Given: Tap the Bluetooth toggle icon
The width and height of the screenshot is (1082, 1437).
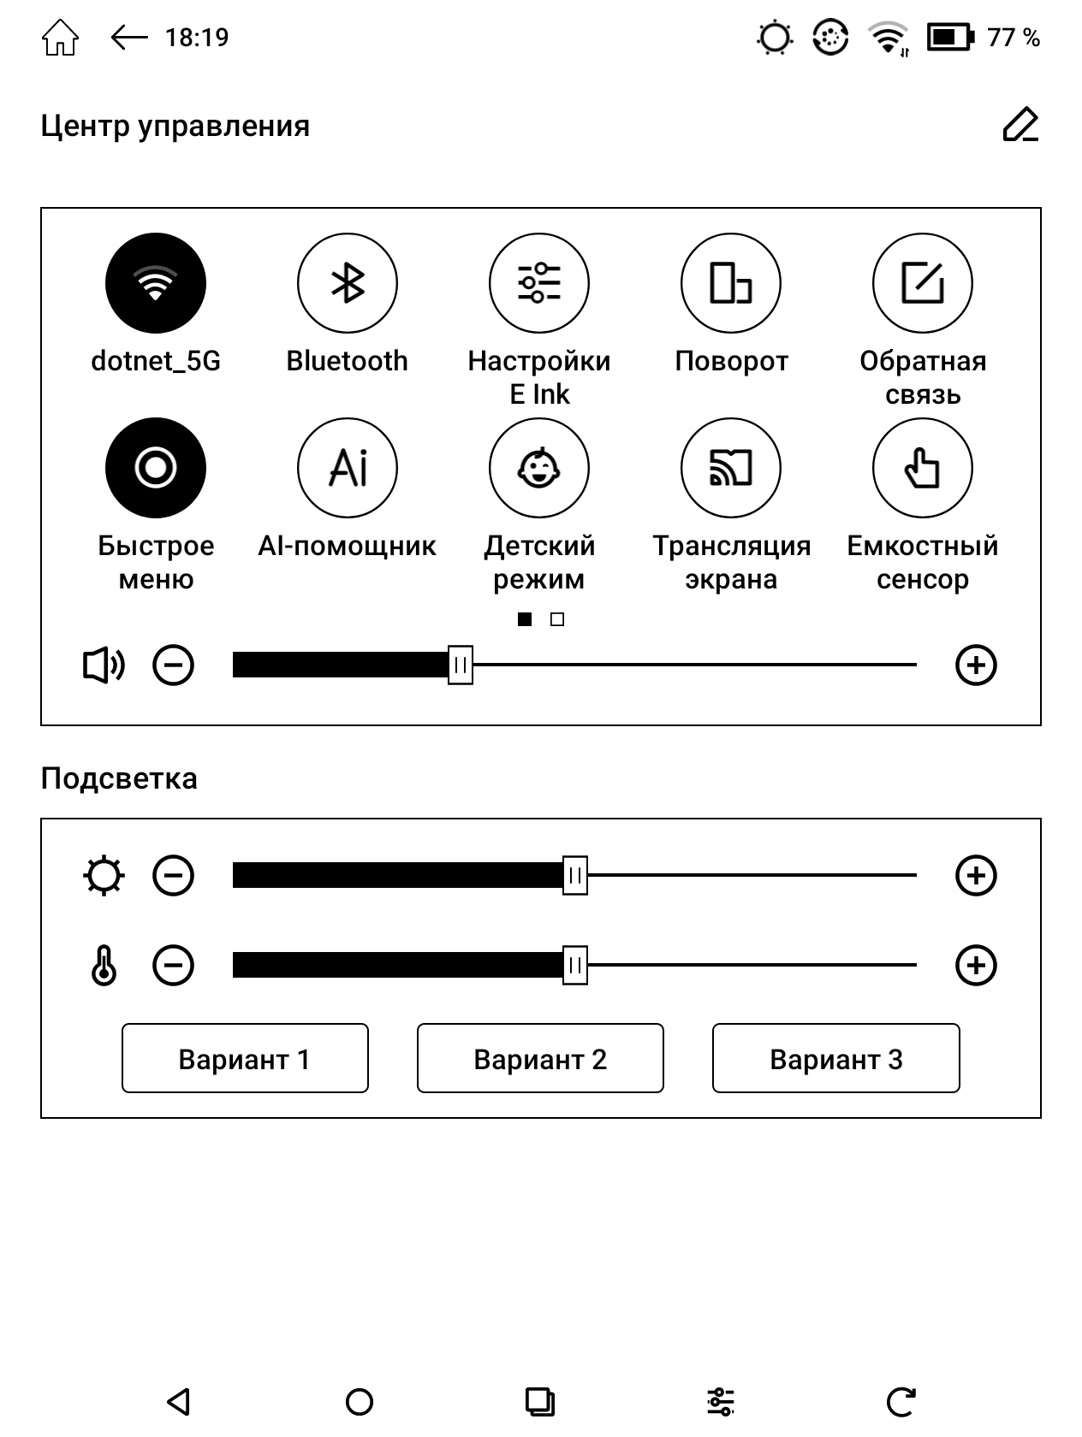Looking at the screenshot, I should click(x=348, y=283).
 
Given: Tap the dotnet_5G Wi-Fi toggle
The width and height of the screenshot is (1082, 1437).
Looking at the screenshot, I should click(x=156, y=283).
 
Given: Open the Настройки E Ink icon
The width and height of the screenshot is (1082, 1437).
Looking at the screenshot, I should click(x=539, y=283).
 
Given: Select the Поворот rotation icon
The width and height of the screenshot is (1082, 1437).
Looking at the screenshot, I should click(x=731, y=283).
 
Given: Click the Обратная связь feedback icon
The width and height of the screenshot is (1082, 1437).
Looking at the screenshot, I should click(x=923, y=283).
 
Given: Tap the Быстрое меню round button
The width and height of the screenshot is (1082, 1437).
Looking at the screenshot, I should click(x=156, y=468).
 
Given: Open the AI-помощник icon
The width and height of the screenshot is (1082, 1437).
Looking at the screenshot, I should click(x=348, y=468).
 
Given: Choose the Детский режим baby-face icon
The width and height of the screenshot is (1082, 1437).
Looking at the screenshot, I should click(x=539, y=468).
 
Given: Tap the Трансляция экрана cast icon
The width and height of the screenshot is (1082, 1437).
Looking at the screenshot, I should click(x=731, y=468).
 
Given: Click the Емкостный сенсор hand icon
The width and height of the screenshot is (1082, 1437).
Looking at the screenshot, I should click(x=923, y=468).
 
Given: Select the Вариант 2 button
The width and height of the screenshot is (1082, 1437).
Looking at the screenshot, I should click(x=540, y=1059).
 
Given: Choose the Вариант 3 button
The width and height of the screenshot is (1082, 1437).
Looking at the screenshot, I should click(x=835, y=1059).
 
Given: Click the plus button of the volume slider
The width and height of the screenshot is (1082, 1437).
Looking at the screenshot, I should click(x=976, y=665).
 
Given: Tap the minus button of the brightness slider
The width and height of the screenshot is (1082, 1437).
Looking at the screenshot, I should click(x=173, y=876).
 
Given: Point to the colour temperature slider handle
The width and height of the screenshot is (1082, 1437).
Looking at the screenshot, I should click(x=575, y=966).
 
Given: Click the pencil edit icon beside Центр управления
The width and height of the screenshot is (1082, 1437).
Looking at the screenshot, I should click(x=1020, y=126).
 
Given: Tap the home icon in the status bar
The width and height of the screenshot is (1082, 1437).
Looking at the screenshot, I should click(x=60, y=38).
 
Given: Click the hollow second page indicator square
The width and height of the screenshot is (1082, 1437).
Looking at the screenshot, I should click(x=557, y=619).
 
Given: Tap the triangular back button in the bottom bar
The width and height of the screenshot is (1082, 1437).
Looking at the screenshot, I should click(x=178, y=1401).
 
